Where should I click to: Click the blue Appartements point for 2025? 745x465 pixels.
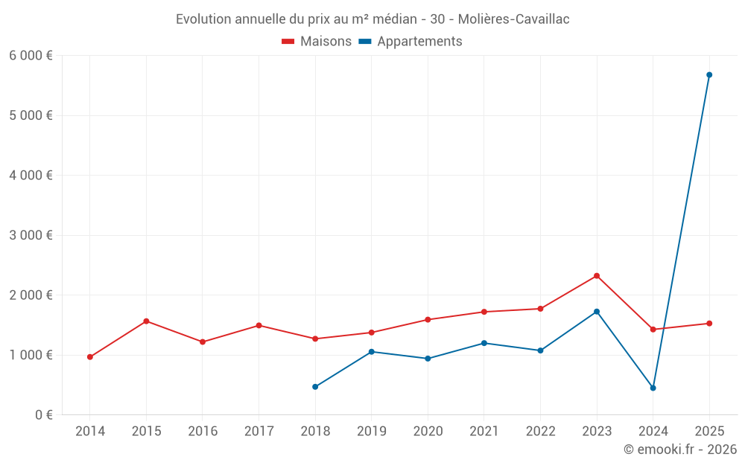(x=709, y=75)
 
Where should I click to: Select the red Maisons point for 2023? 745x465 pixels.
(x=597, y=276)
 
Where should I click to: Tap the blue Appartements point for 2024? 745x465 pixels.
(x=653, y=388)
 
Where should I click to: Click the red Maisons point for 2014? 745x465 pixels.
(x=90, y=357)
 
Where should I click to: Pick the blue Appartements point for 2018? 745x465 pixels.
(x=315, y=387)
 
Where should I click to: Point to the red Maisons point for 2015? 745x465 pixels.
(x=146, y=321)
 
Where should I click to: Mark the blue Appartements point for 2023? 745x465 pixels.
(x=597, y=312)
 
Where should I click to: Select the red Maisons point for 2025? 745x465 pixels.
(x=709, y=324)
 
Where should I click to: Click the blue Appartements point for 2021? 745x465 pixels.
(x=484, y=343)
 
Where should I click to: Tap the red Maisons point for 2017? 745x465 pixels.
(x=259, y=325)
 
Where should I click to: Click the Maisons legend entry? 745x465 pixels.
(x=317, y=42)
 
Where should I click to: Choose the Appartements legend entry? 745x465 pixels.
(x=410, y=42)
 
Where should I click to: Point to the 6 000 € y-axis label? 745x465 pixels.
(x=31, y=56)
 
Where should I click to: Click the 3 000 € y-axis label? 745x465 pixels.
(x=31, y=235)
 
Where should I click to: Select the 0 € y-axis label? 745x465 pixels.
(x=42, y=414)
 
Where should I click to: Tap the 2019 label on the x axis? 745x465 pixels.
(x=371, y=432)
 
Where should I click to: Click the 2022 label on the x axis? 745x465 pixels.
(x=540, y=432)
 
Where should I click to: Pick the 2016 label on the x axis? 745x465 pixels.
(x=203, y=432)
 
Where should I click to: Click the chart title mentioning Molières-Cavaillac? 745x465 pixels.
(x=372, y=19)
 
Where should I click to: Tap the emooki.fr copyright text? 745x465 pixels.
(x=680, y=449)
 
